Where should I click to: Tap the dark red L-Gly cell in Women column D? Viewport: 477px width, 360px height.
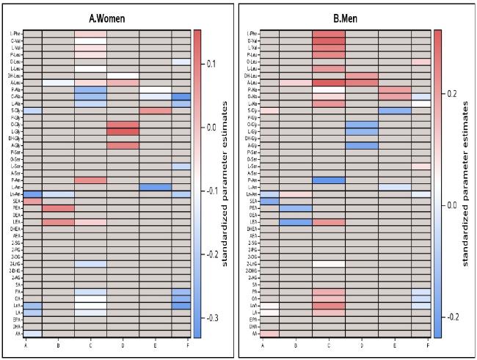pos(123,131)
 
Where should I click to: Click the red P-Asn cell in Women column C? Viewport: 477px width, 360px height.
pos(90,180)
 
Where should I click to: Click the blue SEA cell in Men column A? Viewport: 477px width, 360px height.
pos(269,201)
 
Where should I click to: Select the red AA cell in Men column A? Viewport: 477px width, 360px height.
pos(269,333)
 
